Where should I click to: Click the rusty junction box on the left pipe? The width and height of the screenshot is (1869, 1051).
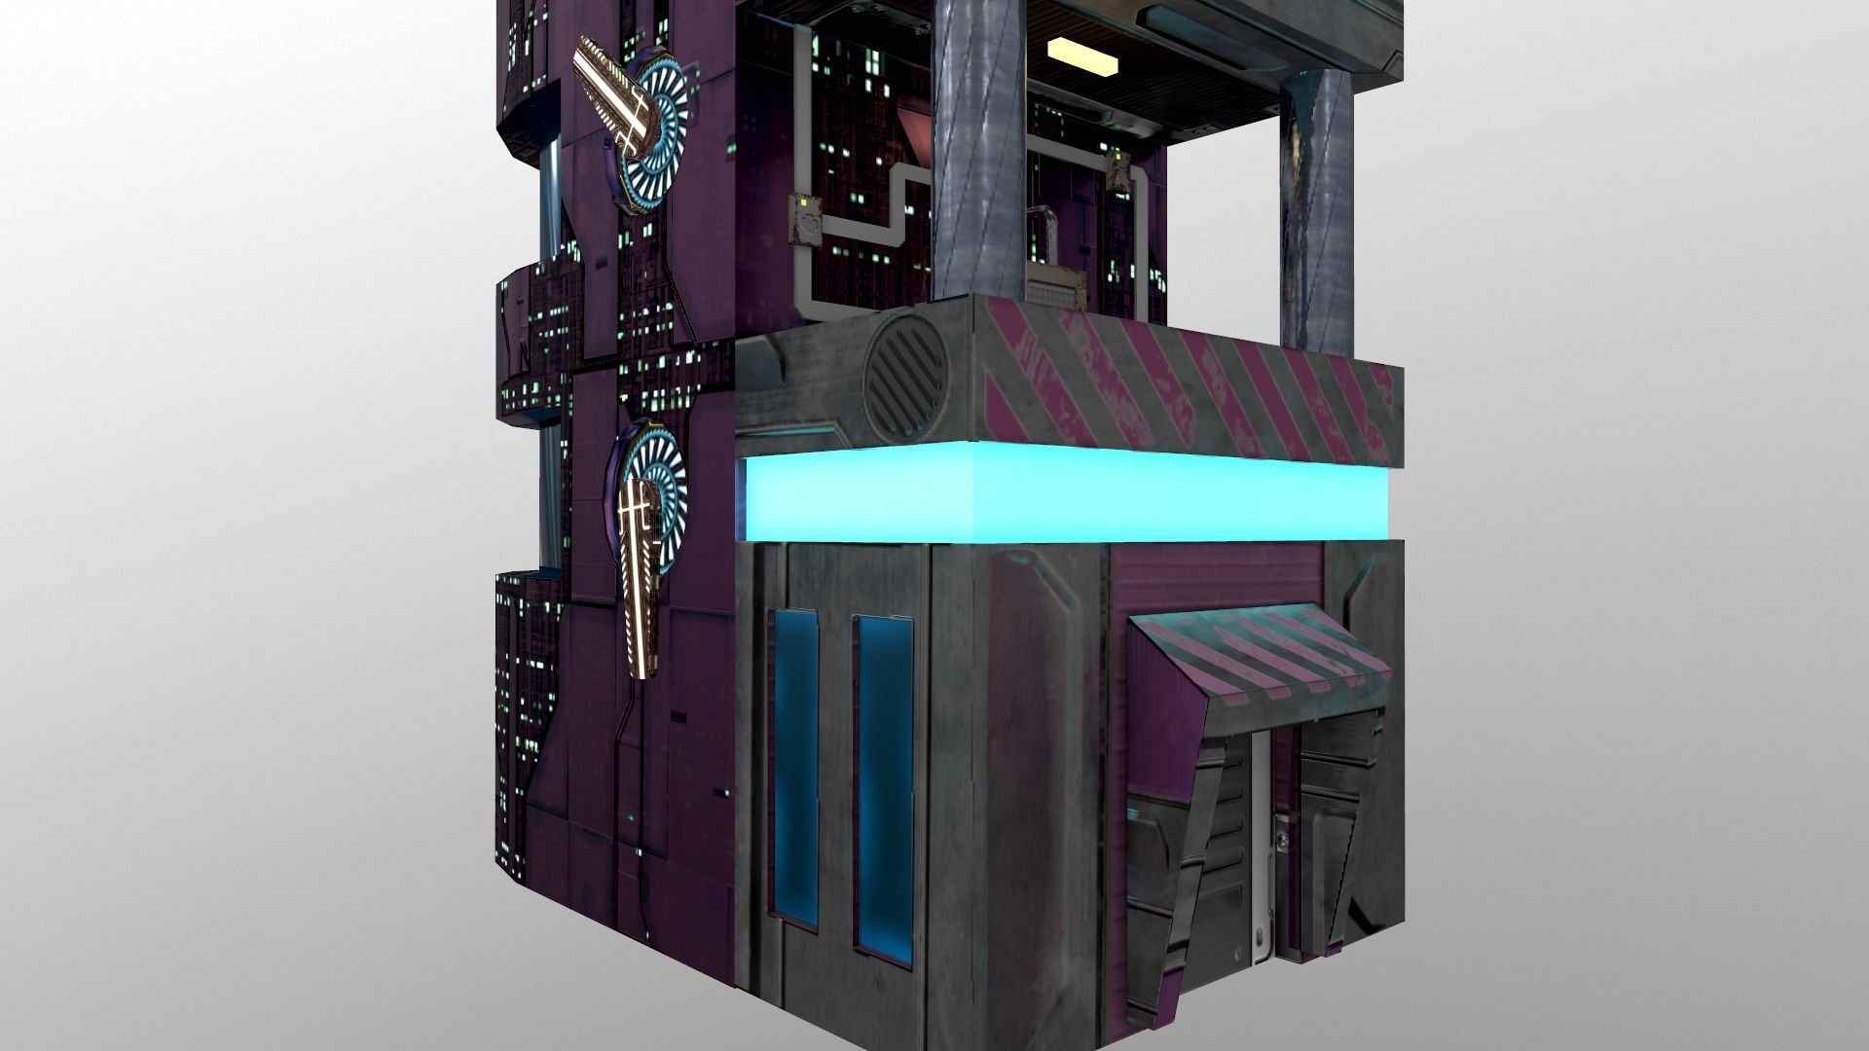[x=803, y=216]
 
